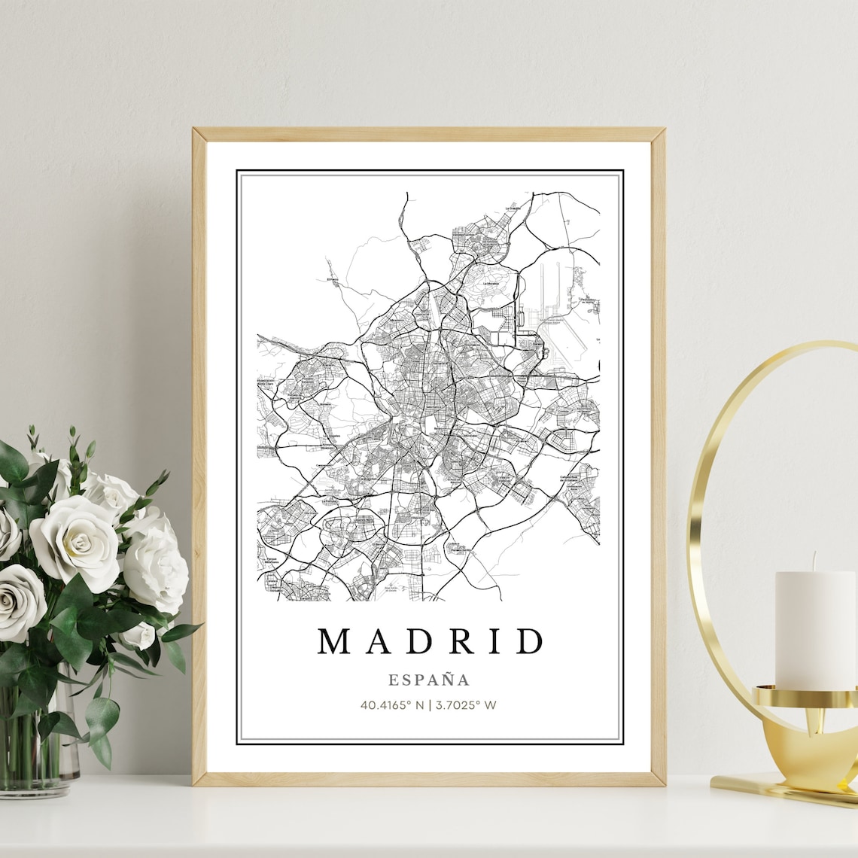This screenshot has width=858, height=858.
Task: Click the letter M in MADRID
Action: pyautogui.click(x=335, y=641)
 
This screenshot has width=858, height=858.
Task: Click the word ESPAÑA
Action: pyautogui.click(x=429, y=680)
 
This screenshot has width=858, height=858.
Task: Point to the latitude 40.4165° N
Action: pyautogui.click(x=392, y=705)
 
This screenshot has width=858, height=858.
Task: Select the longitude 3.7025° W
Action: pyautogui.click(x=466, y=705)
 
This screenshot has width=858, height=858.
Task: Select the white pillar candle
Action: pyautogui.click(x=814, y=629)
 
